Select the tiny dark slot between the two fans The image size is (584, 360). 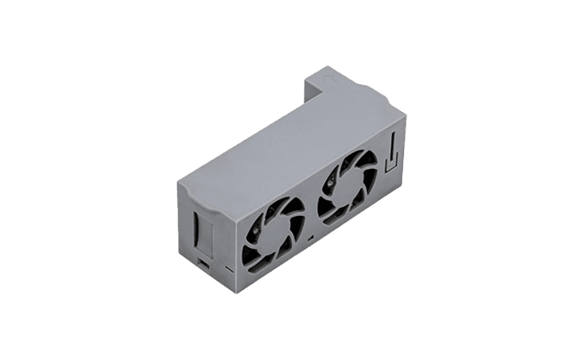click(x=310, y=237)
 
